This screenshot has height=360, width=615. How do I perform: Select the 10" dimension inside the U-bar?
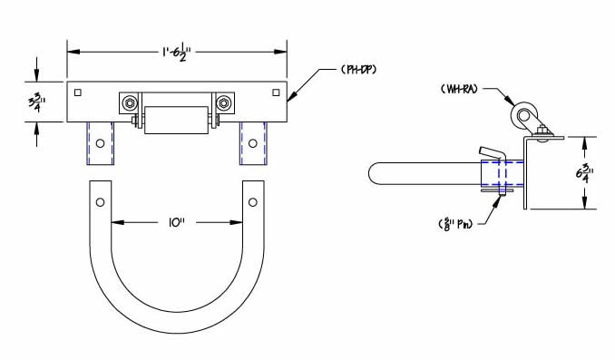point(177,220)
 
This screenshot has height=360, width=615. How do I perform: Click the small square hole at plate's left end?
point(80,92)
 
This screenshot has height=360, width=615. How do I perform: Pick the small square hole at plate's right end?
point(277,92)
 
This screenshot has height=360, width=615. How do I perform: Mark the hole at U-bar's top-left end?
point(100,200)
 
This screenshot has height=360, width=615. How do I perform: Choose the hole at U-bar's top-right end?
point(253,200)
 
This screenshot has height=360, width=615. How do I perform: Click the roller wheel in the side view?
point(523,116)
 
